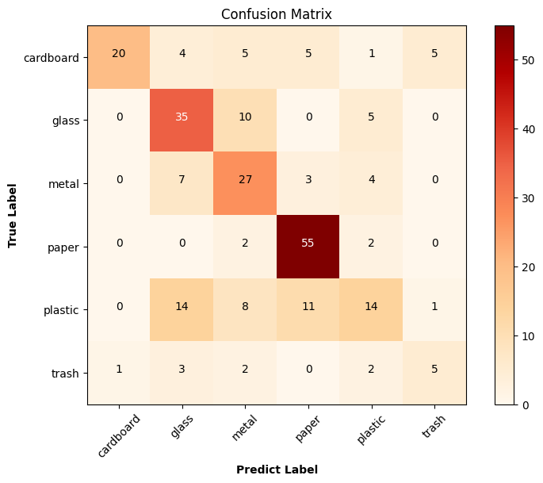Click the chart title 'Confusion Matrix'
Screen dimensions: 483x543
[x=277, y=13]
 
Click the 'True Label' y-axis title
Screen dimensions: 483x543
[x=13, y=215]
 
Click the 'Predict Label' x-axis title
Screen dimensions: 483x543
[x=277, y=470]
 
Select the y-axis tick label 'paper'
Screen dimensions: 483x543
[x=63, y=247]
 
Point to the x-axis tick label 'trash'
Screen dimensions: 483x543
[x=432, y=427]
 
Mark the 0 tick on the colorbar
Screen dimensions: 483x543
[x=524, y=404]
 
